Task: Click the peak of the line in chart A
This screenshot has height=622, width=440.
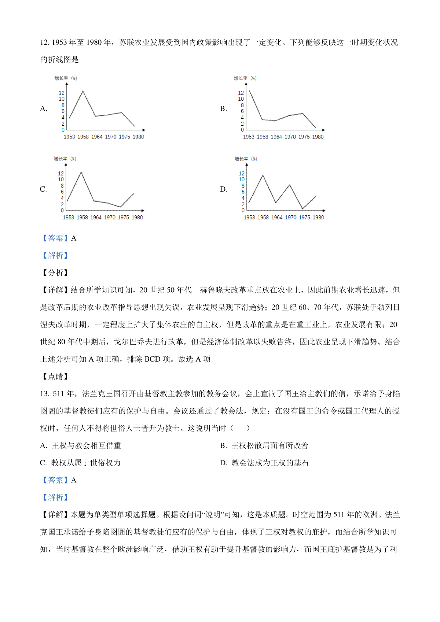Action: click(x=83, y=91)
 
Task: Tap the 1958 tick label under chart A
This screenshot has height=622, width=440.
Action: click(x=83, y=137)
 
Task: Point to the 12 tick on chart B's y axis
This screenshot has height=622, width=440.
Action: click(x=241, y=93)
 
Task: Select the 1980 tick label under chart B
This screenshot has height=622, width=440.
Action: click(x=318, y=137)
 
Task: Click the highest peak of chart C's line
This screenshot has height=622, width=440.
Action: click(x=81, y=172)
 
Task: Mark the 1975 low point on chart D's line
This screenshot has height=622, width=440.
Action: click(x=302, y=209)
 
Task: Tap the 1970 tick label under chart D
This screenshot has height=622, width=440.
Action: click(x=291, y=218)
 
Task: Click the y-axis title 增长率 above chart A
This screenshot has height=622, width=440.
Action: click(x=61, y=78)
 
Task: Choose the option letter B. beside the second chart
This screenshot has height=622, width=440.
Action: click(x=223, y=109)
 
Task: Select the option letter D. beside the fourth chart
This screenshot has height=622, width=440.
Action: click(x=224, y=189)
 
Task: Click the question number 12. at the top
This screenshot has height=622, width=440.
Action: click(x=45, y=43)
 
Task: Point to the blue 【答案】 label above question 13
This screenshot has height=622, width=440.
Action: click(x=55, y=480)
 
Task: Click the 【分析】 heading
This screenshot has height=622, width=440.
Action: click(x=55, y=273)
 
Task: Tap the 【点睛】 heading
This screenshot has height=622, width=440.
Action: click(x=55, y=377)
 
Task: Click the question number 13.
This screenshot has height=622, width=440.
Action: click(x=45, y=394)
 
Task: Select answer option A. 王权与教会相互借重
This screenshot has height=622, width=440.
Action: click(x=81, y=446)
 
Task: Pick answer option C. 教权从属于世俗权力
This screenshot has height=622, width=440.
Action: click(x=81, y=463)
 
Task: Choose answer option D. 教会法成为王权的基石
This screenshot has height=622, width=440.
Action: click(x=264, y=463)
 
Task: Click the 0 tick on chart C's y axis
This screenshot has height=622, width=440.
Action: click(x=62, y=211)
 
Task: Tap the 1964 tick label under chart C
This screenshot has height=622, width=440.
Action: click(x=96, y=218)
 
